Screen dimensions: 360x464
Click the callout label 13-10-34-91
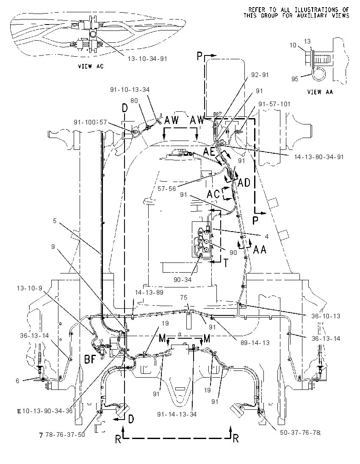pyautogui.click(x=147, y=58)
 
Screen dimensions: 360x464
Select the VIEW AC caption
pyautogui.click(x=91, y=66)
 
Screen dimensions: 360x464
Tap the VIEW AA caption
pyautogui.click(x=320, y=92)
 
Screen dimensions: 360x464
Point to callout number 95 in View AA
pyautogui.click(x=295, y=79)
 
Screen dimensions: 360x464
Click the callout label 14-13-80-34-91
pyautogui.click(x=319, y=157)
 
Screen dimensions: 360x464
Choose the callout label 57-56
pyautogui.click(x=167, y=188)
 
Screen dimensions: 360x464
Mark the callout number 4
pyautogui.click(x=267, y=236)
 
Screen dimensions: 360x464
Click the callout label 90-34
pyautogui.click(x=183, y=279)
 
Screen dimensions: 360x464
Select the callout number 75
pyautogui.click(x=183, y=298)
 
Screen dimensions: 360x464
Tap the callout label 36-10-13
pyautogui.click(x=326, y=316)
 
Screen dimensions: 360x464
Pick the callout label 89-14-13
pyautogui.click(x=255, y=342)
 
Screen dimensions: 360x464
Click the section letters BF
pyautogui.click(x=91, y=359)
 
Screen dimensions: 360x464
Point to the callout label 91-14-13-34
pyautogui.click(x=177, y=414)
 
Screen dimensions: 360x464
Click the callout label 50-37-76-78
pyautogui.click(x=300, y=433)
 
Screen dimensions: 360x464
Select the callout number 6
pyautogui.click(x=17, y=381)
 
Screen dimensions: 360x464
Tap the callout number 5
pyautogui.click(x=55, y=221)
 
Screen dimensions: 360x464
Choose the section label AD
pyautogui.click(x=244, y=183)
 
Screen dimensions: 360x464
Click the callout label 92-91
pyautogui.click(x=260, y=75)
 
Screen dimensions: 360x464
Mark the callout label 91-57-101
pyautogui.click(x=274, y=104)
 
